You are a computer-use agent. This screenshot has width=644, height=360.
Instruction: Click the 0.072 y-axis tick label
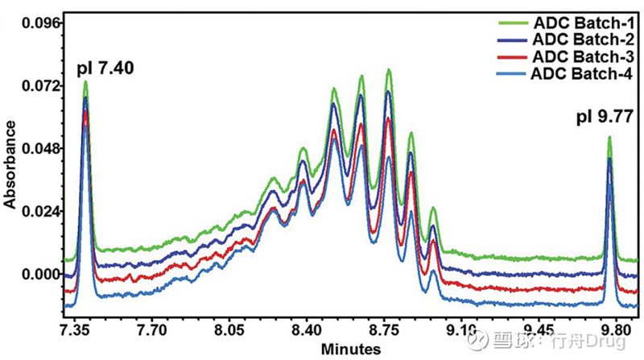[x=41, y=85]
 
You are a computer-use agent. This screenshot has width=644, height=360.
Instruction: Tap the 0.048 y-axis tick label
[x=41, y=148]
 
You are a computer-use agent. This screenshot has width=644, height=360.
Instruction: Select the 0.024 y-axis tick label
[x=41, y=211]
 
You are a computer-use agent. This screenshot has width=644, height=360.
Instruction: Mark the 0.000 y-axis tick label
[x=41, y=274]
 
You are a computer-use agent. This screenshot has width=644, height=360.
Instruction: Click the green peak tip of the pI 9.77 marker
[x=609, y=138]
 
